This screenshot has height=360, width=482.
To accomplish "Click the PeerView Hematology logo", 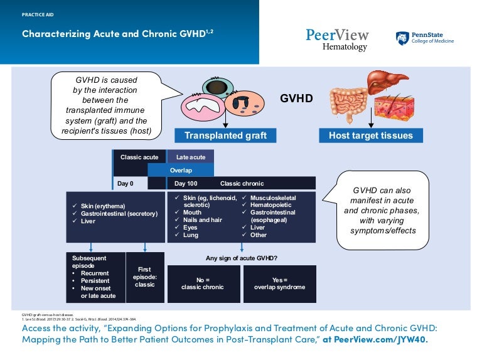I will [x=337, y=39].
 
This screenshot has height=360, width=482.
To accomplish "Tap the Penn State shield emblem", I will [x=402, y=38].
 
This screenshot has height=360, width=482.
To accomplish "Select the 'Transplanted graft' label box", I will [x=225, y=135].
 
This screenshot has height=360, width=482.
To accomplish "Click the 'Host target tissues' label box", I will [x=370, y=135].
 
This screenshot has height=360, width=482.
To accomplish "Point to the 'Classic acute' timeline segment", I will [x=139, y=157].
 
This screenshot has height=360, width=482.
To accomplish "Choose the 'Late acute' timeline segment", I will [x=190, y=157].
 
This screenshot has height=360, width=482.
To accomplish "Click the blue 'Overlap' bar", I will [x=181, y=170].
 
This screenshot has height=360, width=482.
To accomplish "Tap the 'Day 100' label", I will [x=186, y=184].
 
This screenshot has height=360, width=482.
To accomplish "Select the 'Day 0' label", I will [x=126, y=184].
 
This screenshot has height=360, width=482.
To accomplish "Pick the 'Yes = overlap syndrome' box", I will [x=279, y=283].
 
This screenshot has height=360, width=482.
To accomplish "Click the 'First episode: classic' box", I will [x=145, y=277].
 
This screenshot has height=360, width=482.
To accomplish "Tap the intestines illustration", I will [x=345, y=103].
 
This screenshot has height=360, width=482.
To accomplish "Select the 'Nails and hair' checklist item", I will [x=200, y=220].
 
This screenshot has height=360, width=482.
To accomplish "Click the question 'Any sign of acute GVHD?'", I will [x=242, y=258].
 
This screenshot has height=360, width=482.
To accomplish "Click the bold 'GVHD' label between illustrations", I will [x=296, y=99].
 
